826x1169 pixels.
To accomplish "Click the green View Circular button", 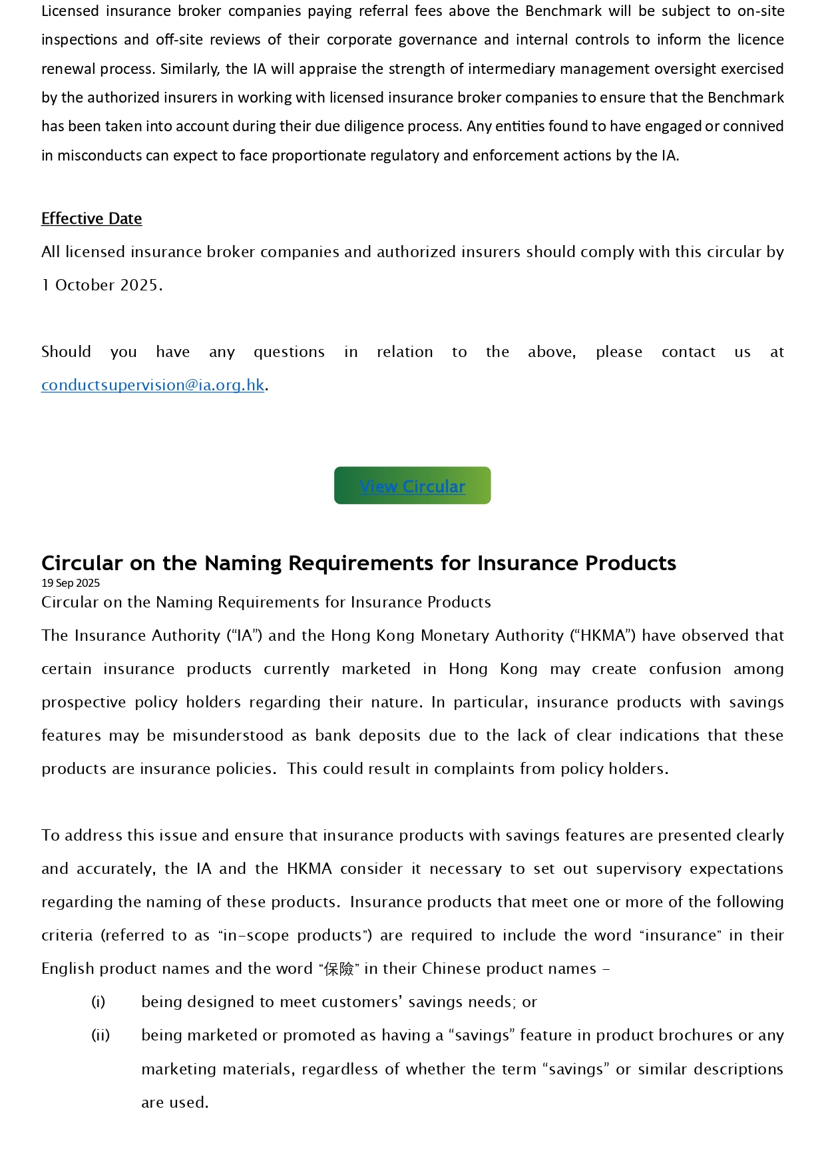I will (412, 486).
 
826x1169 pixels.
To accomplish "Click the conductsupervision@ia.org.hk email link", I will (152, 385).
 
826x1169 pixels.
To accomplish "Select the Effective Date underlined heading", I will (91, 218).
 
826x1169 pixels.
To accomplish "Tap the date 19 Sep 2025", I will (71, 583).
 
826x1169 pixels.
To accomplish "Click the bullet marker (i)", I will (99, 1002).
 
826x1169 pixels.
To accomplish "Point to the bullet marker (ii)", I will (101, 1035).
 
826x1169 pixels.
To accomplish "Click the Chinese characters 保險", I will (339, 969).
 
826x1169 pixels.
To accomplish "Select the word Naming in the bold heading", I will (244, 564).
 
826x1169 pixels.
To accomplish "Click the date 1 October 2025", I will (101, 285).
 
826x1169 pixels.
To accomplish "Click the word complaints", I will (474, 769).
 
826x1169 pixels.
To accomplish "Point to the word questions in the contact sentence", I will (289, 352).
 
